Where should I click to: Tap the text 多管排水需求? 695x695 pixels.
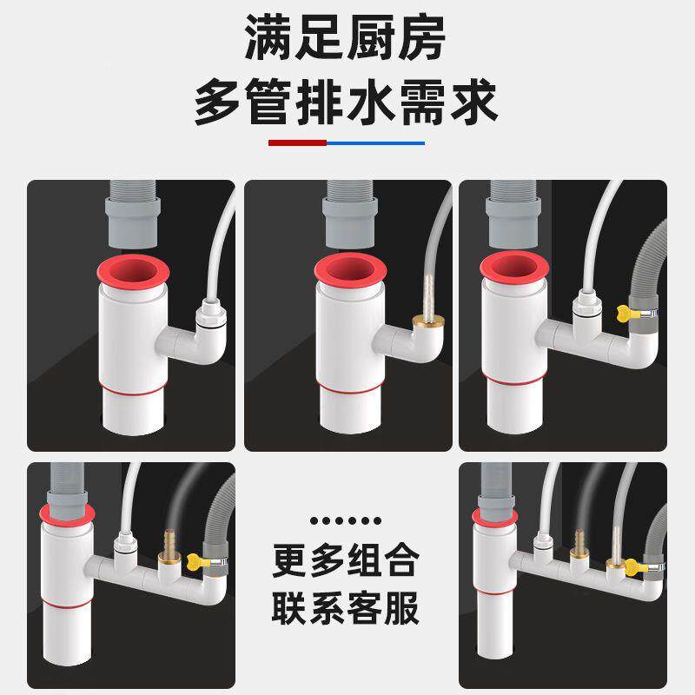coord(347,103)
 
